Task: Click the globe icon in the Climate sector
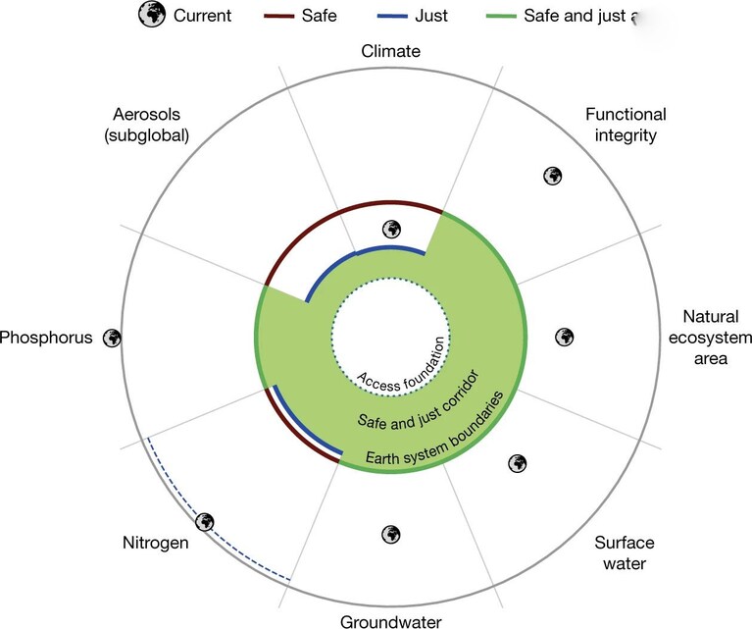pos(391,230)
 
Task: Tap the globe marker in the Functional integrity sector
pos(553,176)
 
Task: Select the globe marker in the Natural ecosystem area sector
pos(565,337)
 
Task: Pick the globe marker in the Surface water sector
pos(518,463)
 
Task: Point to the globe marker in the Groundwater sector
pos(391,534)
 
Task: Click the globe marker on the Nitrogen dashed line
pos(205,521)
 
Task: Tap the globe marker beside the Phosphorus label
pos(112,338)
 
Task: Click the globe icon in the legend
pos(152,14)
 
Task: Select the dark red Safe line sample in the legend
pos(278,16)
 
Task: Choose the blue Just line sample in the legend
pos(392,16)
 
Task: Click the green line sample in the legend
pos(501,16)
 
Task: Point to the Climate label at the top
pos(391,51)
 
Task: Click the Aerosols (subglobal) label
pos(147,125)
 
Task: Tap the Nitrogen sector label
pos(155,543)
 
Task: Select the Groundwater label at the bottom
pos(391,621)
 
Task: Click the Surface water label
pos(625,552)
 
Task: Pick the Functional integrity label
pos(626,125)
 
